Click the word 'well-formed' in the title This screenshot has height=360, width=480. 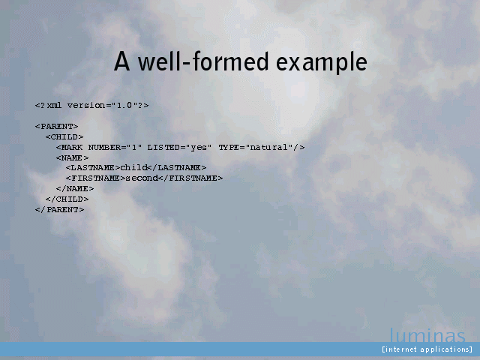203,61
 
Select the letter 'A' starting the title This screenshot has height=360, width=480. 121,61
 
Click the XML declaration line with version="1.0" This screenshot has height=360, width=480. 91,105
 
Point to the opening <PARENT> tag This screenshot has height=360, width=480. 57,127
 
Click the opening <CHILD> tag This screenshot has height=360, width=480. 64,136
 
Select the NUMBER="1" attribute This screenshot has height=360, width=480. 115,147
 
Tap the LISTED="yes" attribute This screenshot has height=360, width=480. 179,147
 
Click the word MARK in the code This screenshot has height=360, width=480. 72,147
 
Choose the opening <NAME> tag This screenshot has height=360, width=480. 73,158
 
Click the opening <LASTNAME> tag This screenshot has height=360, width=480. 93,168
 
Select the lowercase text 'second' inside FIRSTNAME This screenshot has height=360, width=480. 142,178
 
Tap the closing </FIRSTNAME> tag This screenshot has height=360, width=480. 190,178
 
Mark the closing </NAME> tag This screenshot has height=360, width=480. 75,188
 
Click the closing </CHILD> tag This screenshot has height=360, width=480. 67,199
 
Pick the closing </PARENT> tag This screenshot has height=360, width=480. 59,210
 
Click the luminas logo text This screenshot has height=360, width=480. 427,335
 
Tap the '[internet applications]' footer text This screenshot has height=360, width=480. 427,349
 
